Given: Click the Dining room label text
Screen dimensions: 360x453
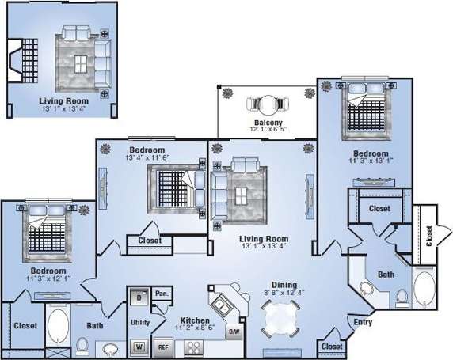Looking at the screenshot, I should click(x=283, y=286).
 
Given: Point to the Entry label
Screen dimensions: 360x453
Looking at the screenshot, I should click(x=363, y=322).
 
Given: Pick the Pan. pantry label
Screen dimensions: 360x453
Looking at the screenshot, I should click(x=162, y=294).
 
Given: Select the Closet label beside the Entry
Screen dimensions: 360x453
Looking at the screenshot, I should click(x=332, y=347).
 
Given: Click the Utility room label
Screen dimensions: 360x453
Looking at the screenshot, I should click(x=140, y=323).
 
